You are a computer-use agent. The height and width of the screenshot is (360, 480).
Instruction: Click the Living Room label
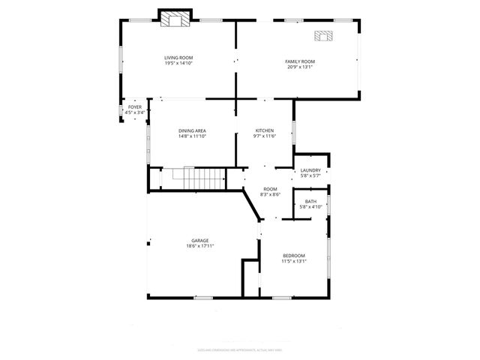179,58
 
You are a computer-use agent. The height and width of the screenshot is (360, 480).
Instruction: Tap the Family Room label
299,61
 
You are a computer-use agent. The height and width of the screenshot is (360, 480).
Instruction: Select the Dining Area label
192,131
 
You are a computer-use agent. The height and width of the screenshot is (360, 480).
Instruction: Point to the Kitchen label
265,130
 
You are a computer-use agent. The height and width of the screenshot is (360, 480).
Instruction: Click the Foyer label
134,107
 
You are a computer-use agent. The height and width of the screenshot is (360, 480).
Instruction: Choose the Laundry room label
310,170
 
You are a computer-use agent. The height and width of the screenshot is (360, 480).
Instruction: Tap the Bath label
310,201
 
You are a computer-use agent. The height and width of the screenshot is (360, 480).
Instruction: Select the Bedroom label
293,256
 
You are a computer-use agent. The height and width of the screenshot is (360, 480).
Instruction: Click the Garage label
199,241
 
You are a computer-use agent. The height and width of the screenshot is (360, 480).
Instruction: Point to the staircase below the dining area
199,178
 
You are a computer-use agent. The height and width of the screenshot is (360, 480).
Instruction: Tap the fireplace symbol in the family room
324,34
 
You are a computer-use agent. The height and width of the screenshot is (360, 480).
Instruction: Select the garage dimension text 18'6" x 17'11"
199,246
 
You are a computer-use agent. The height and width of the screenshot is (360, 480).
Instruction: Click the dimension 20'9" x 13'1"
299,67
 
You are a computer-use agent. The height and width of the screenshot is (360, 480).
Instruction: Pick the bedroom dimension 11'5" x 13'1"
293,261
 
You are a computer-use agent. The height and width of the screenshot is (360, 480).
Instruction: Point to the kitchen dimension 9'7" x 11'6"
265,136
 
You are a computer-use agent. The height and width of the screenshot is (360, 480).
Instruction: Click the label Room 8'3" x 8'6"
270,192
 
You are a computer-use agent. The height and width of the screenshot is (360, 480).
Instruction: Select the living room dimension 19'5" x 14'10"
179,63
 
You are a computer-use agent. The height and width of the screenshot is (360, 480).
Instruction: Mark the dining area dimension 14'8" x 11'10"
192,136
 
